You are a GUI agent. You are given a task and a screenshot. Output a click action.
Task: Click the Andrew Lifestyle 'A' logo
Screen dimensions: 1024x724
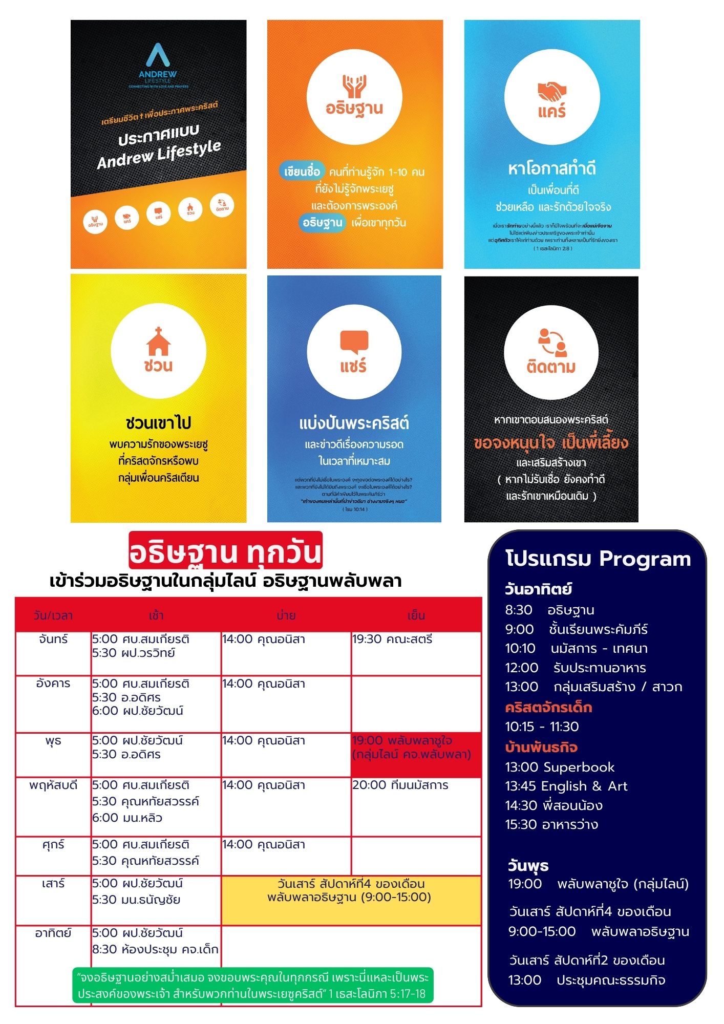(157, 56)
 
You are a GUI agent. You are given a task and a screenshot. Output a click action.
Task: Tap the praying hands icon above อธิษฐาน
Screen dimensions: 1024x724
(354, 86)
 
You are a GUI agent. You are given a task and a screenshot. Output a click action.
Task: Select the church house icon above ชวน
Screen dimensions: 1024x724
(158, 341)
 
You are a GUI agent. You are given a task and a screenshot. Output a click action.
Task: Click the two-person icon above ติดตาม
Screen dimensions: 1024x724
(551, 342)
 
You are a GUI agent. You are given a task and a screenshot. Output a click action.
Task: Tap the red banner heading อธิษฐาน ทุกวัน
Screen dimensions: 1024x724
(225, 551)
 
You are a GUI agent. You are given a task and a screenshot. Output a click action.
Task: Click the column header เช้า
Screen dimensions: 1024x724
(156, 615)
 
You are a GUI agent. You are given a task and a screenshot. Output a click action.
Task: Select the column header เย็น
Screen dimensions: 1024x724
(416, 615)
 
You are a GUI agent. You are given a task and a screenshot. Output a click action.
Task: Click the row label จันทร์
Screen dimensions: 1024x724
(53, 639)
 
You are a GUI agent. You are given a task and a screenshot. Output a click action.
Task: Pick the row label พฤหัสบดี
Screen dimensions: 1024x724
(53, 785)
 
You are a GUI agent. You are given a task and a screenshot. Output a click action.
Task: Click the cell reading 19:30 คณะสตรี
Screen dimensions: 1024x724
(392, 639)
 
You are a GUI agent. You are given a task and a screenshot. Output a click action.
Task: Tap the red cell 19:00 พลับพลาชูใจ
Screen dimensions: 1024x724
(412, 748)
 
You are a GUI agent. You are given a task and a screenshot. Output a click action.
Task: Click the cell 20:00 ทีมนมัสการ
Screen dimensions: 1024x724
(400, 785)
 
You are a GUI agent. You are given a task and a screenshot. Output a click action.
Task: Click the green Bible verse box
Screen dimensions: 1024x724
(253, 985)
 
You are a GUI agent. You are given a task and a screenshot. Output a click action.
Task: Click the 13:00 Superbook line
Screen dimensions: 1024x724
(560, 767)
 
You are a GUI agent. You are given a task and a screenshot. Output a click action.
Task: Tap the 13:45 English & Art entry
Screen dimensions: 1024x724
(566, 786)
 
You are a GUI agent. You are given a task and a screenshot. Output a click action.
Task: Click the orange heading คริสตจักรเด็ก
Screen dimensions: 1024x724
(548, 707)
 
